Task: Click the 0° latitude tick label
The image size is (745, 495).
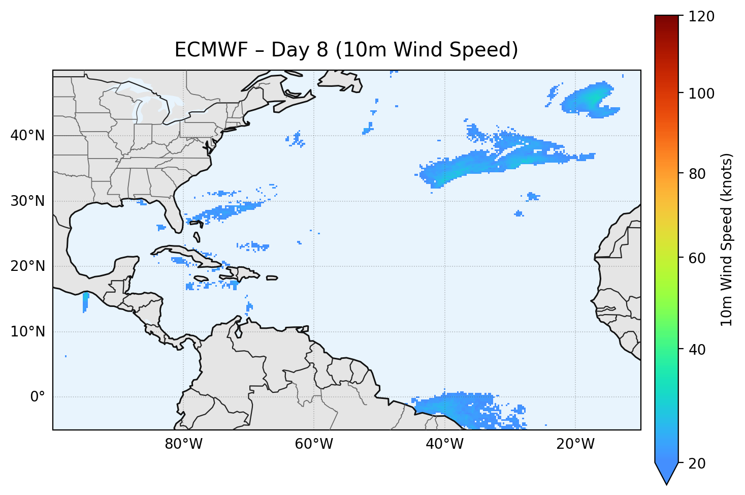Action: (x=38, y=397)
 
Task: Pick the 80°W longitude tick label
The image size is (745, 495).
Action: (x=183, y=444)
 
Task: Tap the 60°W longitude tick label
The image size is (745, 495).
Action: (x=314, y=444)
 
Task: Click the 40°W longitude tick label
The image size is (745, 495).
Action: (x=444, y=444)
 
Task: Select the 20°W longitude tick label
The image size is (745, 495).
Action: (x=575, y=444)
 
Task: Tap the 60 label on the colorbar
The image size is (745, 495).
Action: (x=699, y=258)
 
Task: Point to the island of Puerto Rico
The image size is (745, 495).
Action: (x=272, y=278)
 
